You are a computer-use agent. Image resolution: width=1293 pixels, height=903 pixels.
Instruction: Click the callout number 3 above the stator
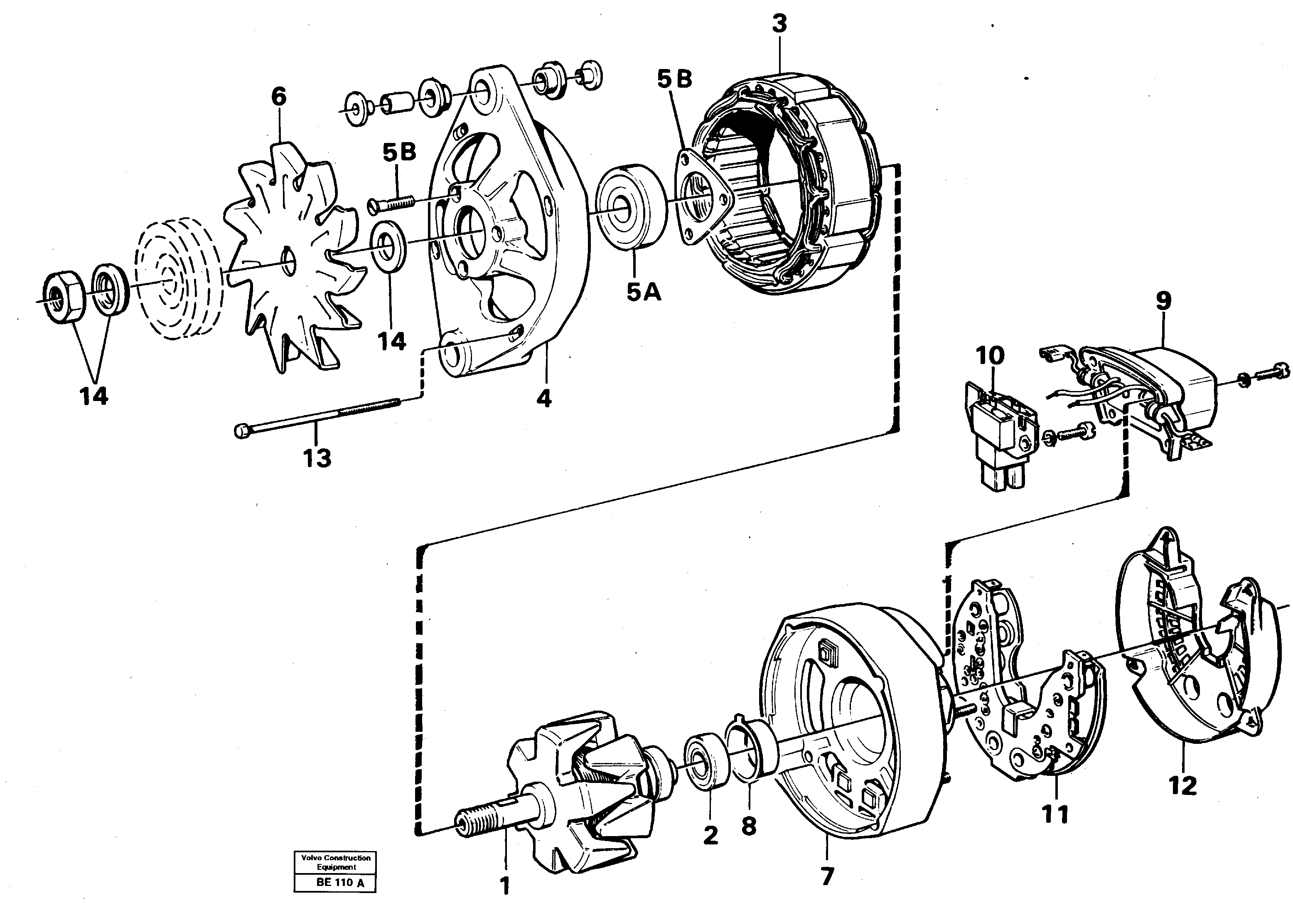779,24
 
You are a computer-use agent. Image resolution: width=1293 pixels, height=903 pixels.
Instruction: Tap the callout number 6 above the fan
278,97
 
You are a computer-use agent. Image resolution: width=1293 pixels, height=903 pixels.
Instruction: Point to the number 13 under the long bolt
317,458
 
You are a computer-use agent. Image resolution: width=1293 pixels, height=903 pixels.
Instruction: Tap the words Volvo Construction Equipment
336,862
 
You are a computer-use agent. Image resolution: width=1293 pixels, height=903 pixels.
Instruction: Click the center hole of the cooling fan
288,258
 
